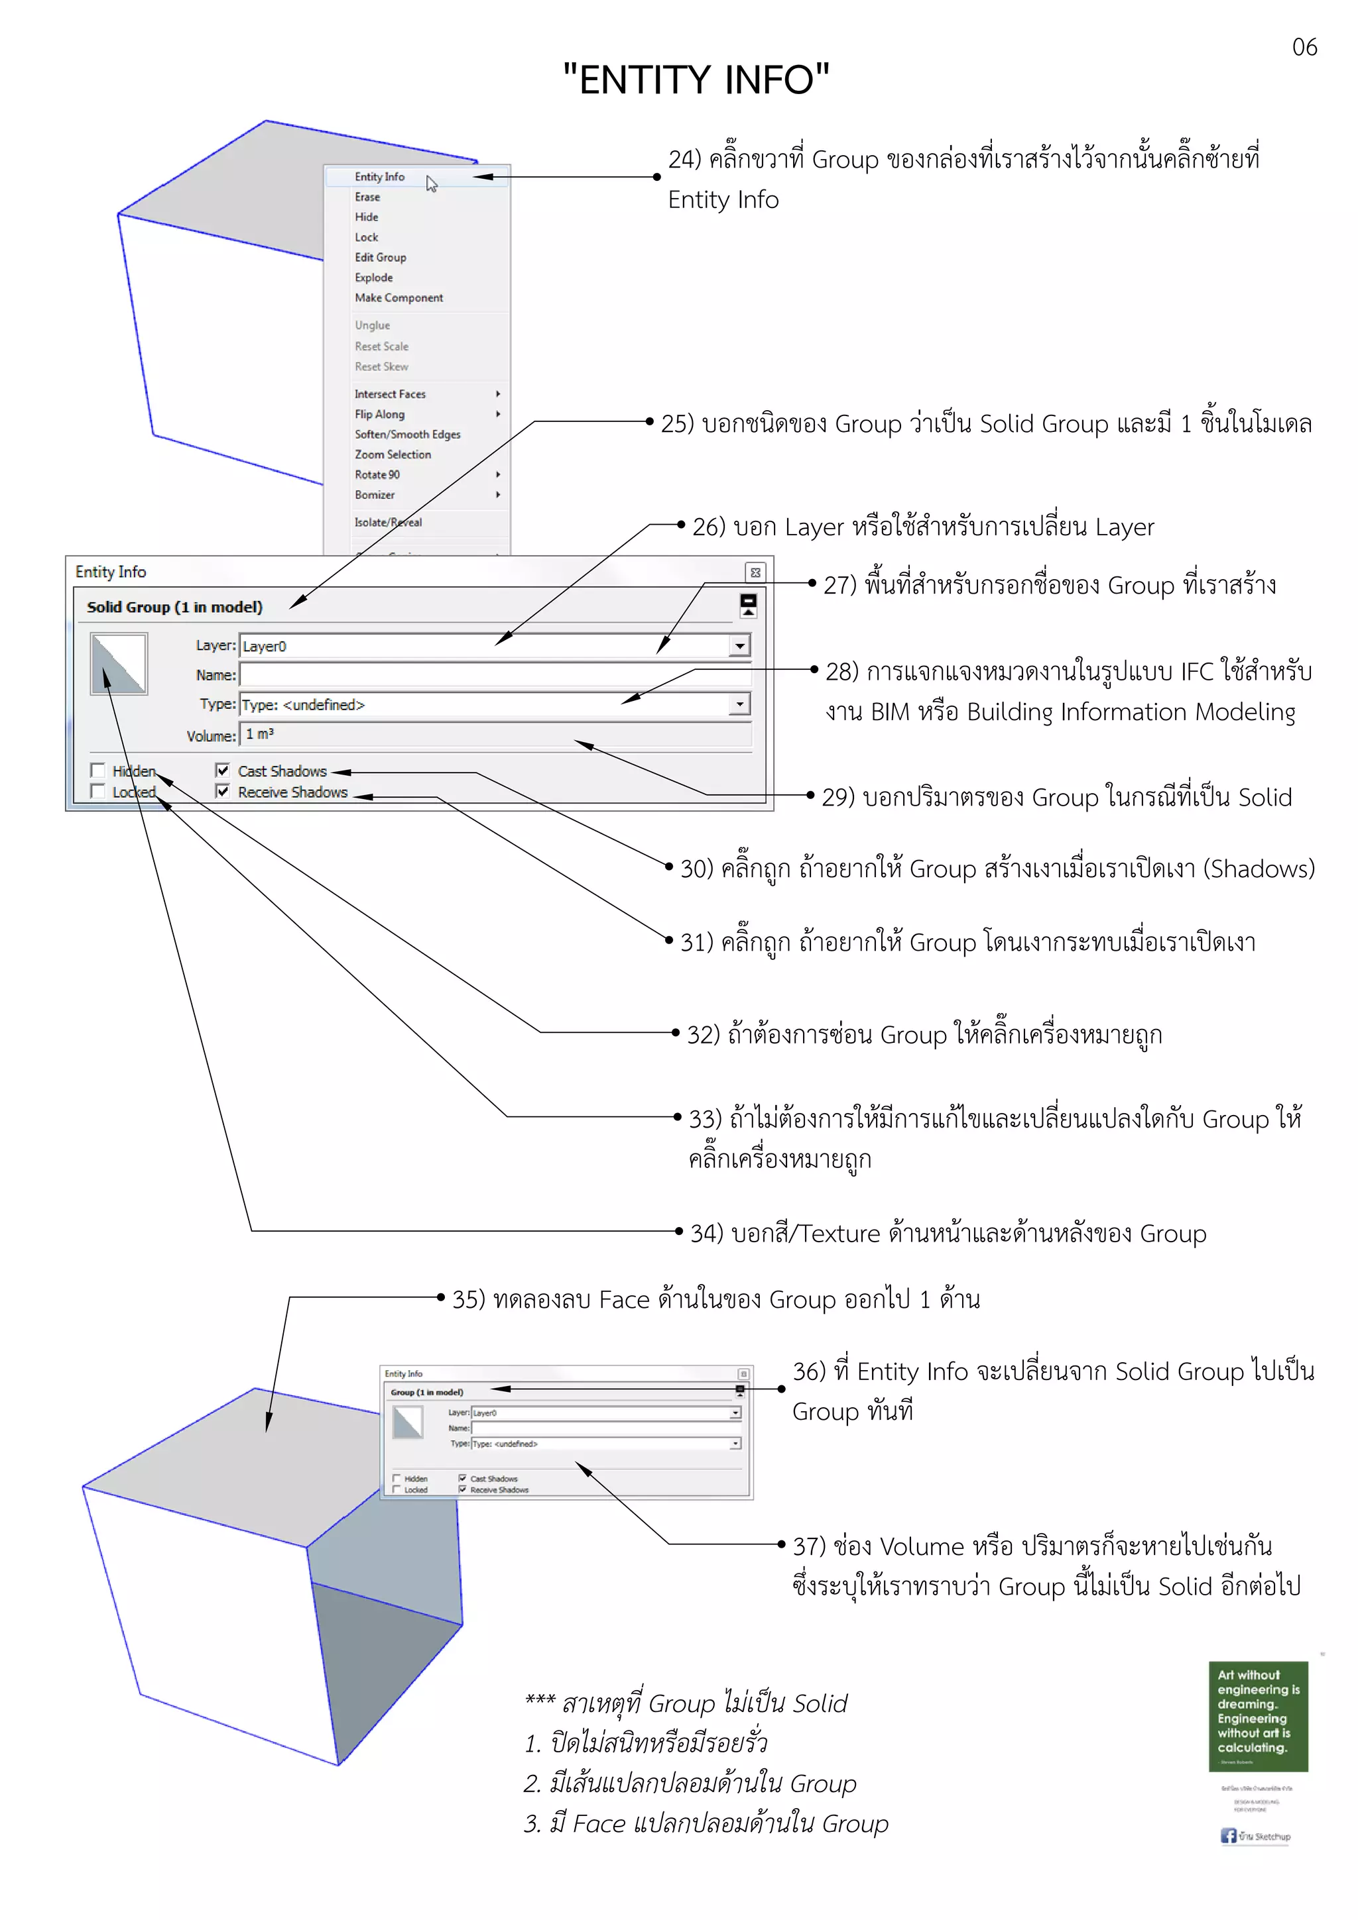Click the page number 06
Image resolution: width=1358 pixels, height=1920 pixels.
[x=1304, y=47]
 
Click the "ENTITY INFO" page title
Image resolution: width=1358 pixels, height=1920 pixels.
[x=696, y=80]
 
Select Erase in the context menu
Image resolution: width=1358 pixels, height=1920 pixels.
[x=367, y=197]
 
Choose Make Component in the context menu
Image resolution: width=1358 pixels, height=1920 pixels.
[x=399, y=297]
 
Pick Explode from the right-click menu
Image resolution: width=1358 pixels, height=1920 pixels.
[x=373, y=278]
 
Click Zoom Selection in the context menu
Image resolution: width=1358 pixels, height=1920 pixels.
[x=393, y=454]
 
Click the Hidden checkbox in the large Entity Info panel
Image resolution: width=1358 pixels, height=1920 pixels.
[x=98, y=770]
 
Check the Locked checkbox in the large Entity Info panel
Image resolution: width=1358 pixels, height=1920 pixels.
[x=98, y=791]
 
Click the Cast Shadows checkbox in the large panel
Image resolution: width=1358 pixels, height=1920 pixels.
[x=223, y=770]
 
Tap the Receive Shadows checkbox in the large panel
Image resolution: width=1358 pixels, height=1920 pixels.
[x=223, y=791]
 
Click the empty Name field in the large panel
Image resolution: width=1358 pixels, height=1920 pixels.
[x=493, y=675]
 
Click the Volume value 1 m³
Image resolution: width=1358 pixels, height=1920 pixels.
[x=259, y=734]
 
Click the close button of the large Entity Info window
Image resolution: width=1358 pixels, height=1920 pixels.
[x=755, y=572]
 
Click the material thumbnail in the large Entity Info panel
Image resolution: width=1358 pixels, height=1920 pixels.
[x=119, y=664]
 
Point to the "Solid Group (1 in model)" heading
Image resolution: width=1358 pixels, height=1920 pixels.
[x=174, y=607]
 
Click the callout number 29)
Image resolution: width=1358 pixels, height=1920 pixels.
[x=838, y=797]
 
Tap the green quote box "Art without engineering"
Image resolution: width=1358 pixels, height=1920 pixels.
[x=1258, y=1716]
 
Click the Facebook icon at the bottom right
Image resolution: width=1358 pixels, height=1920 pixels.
[x=1227, y=1836]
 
